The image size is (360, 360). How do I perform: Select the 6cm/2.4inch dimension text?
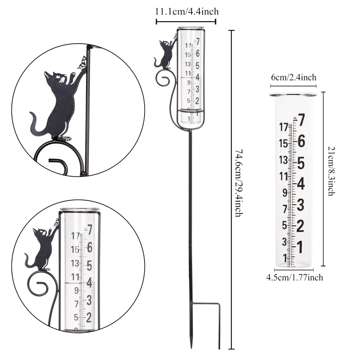pyautogui.click(x=292, y=77)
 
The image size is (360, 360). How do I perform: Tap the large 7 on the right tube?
pyautogui.click(x=301, y=120)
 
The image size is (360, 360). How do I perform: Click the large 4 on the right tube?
pyautogui.click(x=301, y=184)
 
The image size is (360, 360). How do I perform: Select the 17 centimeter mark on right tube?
pyautogui.click(x=283, y=127)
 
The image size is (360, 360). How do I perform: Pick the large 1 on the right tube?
pyautogui.click(x=300, y=247)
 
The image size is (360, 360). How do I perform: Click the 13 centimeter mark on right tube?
pyautogui.click(x=283, y=160)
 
